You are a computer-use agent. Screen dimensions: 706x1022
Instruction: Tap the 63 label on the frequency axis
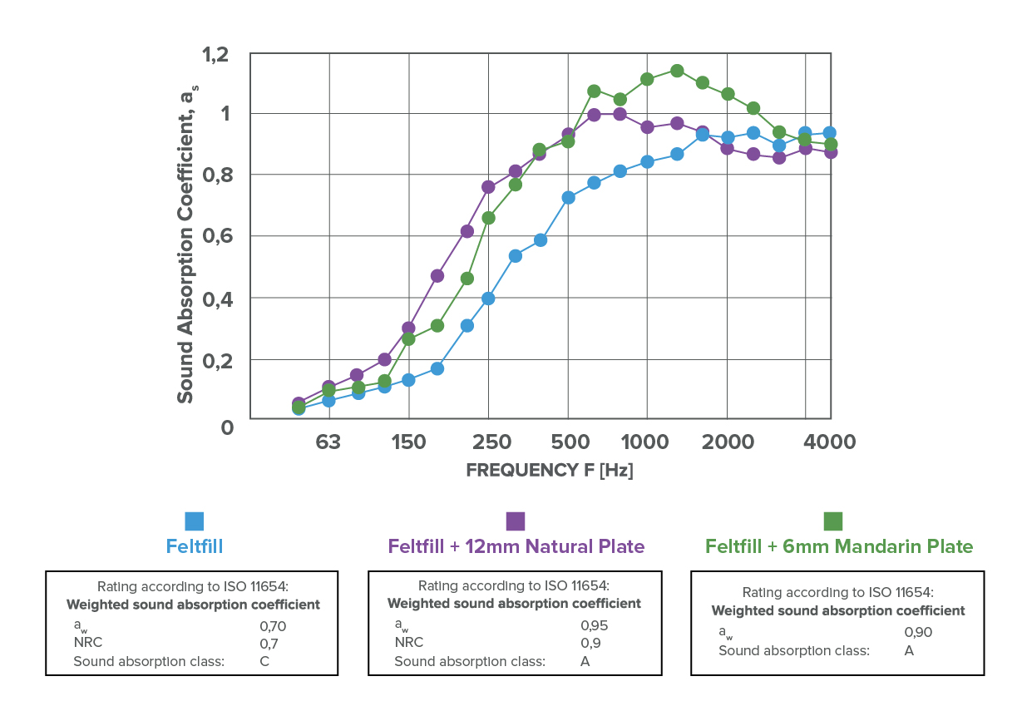328,441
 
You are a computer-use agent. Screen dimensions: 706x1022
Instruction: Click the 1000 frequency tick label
646,441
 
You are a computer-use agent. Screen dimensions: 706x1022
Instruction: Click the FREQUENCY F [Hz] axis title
550,470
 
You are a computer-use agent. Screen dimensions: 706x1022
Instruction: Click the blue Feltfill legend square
194,521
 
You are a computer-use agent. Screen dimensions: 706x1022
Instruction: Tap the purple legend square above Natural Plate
516,521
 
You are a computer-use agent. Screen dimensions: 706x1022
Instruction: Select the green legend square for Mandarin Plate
832,521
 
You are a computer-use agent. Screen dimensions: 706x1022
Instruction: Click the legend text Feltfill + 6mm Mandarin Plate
838,546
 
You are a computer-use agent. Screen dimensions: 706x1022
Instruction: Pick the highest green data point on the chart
677,71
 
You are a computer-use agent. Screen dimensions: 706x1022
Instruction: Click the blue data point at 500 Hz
568,198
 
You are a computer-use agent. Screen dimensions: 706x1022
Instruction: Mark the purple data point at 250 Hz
488,186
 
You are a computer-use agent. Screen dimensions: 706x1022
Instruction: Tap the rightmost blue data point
829,133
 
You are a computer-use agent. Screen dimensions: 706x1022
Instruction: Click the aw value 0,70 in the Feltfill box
273,626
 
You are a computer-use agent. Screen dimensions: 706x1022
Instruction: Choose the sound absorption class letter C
264,662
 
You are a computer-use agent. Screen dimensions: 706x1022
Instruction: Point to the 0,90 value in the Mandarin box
918,632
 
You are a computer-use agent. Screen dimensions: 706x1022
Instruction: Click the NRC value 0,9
590,643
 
